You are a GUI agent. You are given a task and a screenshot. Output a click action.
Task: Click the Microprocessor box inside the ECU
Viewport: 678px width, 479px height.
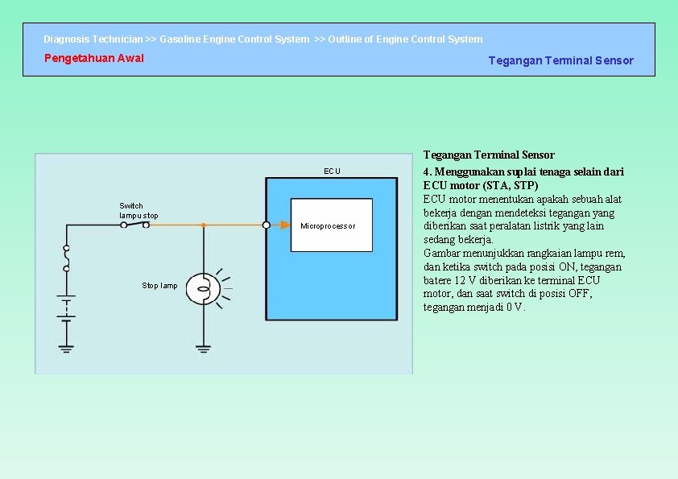pos(332,225)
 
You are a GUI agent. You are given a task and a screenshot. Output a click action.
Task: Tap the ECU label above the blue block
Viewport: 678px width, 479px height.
pos(332,171)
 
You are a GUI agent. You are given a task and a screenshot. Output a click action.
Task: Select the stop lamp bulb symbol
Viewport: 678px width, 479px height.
pos(204,287)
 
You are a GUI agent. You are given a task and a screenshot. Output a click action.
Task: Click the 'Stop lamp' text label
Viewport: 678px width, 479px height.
pos(159,286)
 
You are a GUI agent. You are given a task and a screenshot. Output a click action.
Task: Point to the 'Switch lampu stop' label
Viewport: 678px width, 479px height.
pos(138,211)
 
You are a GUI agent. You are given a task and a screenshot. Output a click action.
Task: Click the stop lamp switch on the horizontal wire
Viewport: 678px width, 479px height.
pos(134,225)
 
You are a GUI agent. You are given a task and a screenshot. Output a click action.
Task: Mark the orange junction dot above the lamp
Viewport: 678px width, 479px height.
pos(204,225)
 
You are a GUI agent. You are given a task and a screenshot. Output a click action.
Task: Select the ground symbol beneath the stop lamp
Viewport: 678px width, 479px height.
pos(204,348)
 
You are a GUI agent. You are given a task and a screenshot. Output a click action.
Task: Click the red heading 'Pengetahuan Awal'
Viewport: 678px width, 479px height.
pos(94,58)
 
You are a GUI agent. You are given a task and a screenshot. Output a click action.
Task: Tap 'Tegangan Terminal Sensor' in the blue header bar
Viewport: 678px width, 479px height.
pos(560,60)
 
